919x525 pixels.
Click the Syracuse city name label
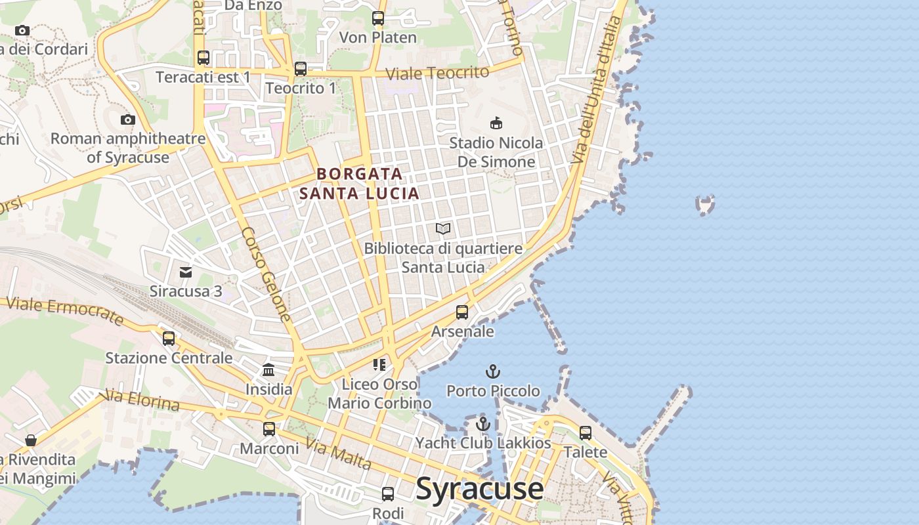click(x=480, y=489)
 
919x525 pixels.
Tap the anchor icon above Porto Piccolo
click(x=493, y=372)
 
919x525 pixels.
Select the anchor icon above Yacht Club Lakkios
click(x=483, y=424)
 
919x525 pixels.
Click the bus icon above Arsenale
click(x=462, y=312)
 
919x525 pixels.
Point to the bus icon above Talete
click(x=585, y=433)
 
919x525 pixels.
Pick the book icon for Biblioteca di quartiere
click(x=444, y=229)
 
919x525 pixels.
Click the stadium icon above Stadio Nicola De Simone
click(x=496, y=123)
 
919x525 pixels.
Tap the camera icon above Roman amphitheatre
click(x=128, y=119)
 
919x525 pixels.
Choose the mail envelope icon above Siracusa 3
click(x=186, y=272)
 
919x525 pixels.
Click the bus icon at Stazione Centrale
click(x=169, y=339)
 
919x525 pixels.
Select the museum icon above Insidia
click(x=268, y=370)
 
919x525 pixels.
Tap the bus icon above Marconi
click(x=269, y=429)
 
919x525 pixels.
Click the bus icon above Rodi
click(x=388, y=494)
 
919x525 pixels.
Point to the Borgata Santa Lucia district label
click(x=359, y=184)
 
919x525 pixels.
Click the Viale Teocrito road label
click(x=437, y=73)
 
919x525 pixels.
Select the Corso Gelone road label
click(x=266, y=274)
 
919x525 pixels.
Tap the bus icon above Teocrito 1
click(x=301, y=68)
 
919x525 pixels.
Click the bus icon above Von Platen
click(x=378, y=18)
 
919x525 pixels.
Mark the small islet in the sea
click(x=705, y=205)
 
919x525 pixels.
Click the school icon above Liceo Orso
click(x=379, y=364)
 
